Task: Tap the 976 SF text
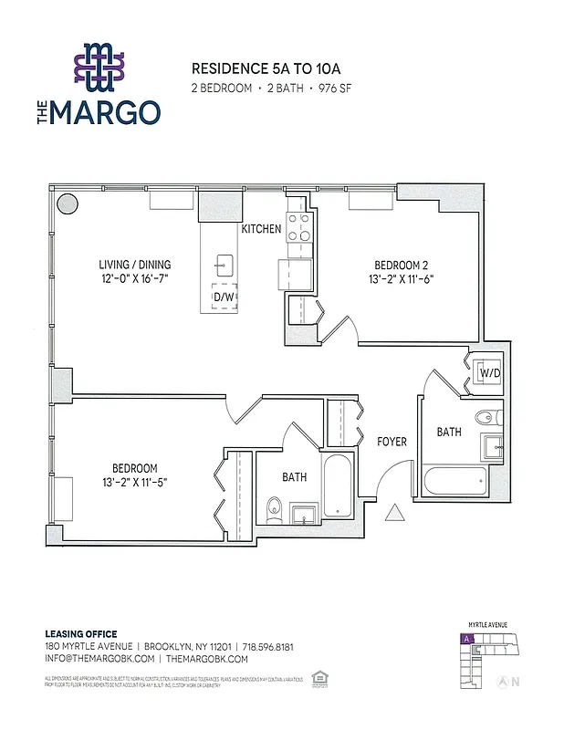coord(334,89)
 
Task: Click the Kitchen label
coord(261,229)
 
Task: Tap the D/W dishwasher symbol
coord(223,297)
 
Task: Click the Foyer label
coord(392,442)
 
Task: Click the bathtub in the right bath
coord(456,480)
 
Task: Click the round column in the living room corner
coord(68,204)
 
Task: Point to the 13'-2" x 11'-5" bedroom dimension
coord(135,482)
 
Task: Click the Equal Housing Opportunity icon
coord(320,677)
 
